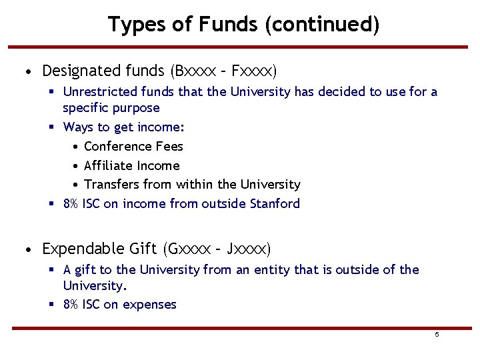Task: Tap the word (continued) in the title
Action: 322,25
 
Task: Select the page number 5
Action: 437,335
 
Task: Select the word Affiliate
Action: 109,165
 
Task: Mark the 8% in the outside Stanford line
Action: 71,203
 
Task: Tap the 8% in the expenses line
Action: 71,305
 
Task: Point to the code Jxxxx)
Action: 249,249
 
